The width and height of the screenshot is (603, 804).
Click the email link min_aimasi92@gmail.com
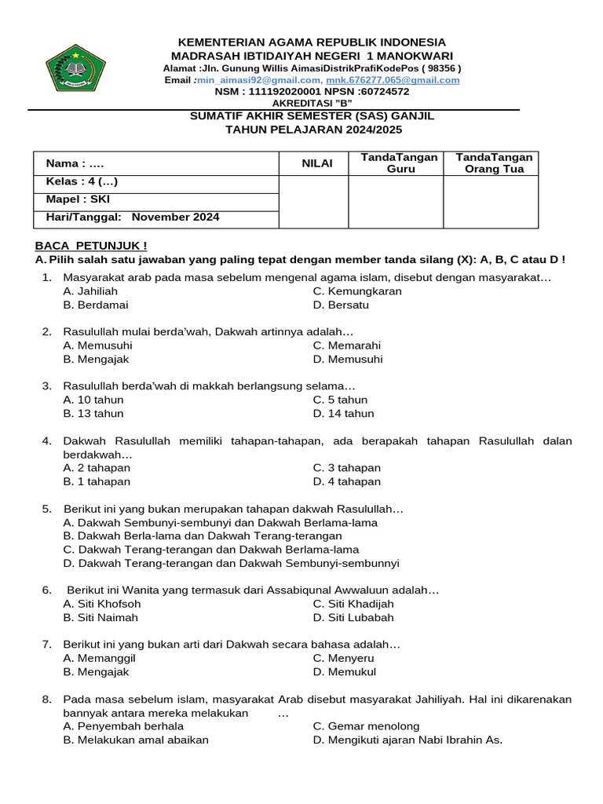pyautogui.click(x=259, y=80)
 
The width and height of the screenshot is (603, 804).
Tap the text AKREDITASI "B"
pyautogui.click(x=312, y=103)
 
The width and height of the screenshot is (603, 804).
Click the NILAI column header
pyautogui.click(x=318, y=163)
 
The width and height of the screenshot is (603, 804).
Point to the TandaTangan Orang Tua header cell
pyautogui.click(x=492, y=163)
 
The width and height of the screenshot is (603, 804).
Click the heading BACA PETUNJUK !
pyautogui.click(x=90, y=246)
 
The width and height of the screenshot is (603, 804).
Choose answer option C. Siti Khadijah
pyautogui.click(x=353, y=604)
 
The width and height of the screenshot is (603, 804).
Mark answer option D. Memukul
pyautogui.click(x=344, y=672)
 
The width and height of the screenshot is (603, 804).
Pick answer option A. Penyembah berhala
pyautogui.click(x=123, y=726)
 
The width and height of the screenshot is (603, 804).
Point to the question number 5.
pyautogui.click(x=47, y=509)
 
